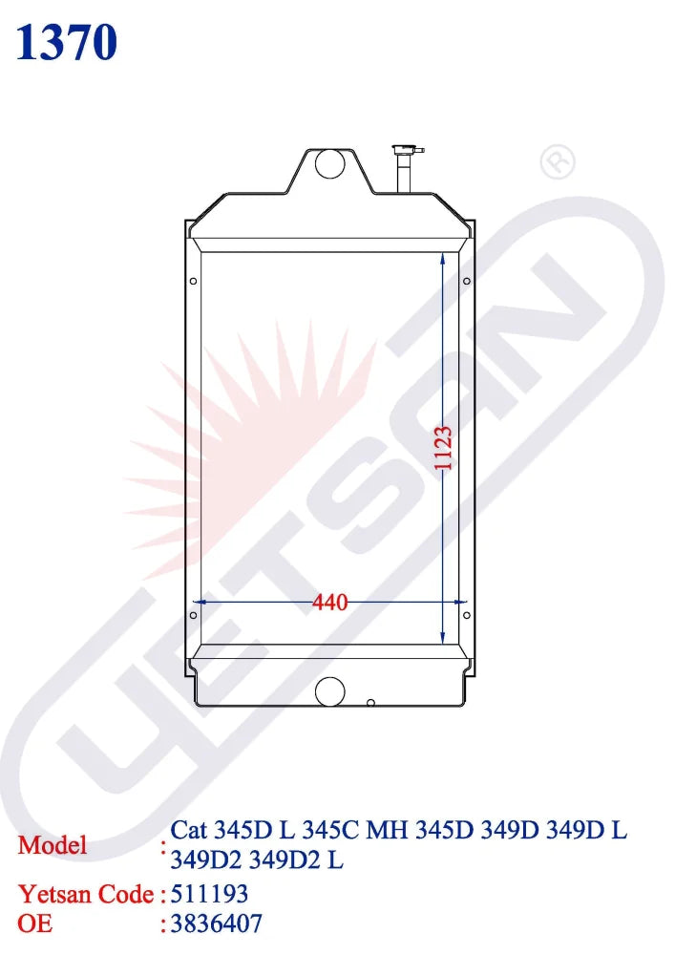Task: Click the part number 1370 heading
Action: click(x=66, y=43)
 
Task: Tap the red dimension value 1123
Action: click(x=443, y=448)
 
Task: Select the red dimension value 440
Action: click(x=330, y=603)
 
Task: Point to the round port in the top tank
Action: click(x=330, y=163)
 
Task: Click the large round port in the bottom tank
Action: click(x=330, y=691)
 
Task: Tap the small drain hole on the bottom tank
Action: click(x=370, y=703)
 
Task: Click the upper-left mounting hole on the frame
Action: click(x=194, y=281)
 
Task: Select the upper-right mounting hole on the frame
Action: click(x=466, y=281)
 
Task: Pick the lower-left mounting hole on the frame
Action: click(x=194, y=615)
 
